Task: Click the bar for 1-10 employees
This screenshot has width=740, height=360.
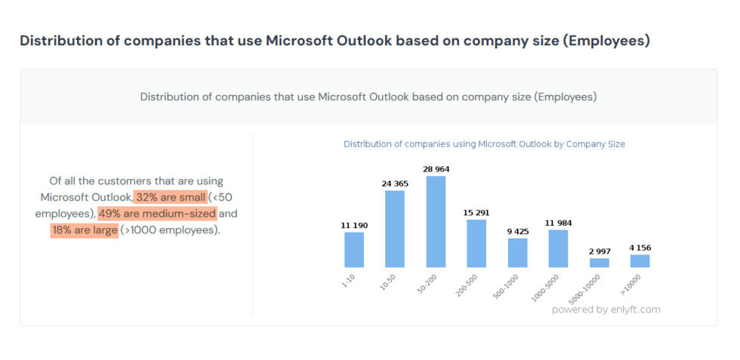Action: (x=354, y=250)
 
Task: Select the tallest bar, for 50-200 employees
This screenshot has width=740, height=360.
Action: (x=436, y=222)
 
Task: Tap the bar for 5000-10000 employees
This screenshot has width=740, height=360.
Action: (x=599, y=263)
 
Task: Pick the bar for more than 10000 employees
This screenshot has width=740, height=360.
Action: (x=640, y=260)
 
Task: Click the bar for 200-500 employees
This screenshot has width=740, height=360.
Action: (x=476, y=243)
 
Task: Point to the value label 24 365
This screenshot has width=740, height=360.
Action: (x=395, y=183)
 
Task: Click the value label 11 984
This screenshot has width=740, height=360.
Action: (x=558, y=223)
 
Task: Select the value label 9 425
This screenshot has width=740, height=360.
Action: (x=517, y=231)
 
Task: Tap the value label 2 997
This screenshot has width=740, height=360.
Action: (x=599, y=251)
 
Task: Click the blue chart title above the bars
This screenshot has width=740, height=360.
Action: (x=484, y=143)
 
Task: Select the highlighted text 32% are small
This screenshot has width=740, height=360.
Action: (x=171, y=197)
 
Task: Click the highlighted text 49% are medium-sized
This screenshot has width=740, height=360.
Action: (x=157, y=214)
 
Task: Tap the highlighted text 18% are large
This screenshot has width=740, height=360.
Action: (x=85, y=230)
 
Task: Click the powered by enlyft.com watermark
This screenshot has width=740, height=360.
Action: (x=606, y=309)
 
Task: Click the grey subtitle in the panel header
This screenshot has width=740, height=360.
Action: (x=368, y=97)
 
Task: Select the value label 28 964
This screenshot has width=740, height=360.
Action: (x=436, y=169)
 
